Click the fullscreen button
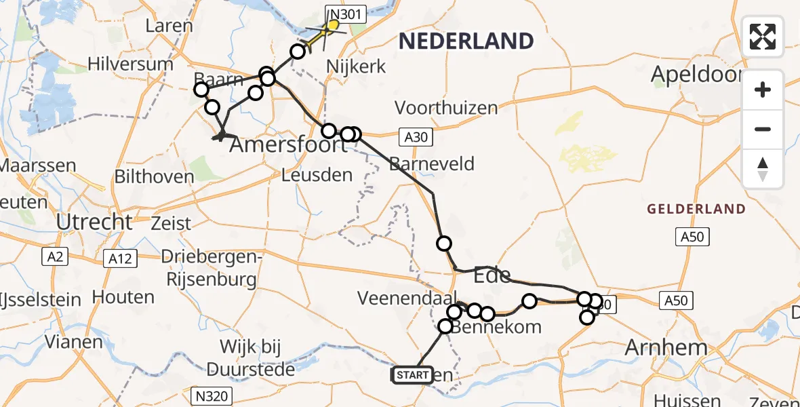tap(763, 37)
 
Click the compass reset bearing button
tap(763, 169)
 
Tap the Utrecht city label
tap(94, 222)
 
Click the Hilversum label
tap(130, 64)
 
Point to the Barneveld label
tap(432, 163)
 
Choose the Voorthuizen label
tap(446, 107)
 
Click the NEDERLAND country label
tap(466, 41)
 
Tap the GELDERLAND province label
tap(696, 209)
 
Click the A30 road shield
tap(416, 138)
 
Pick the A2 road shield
tap(54, 256)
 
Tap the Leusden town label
tap(318, 175)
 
